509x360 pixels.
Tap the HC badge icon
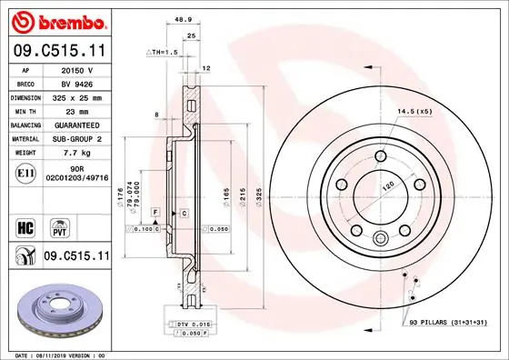click(26, 225)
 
